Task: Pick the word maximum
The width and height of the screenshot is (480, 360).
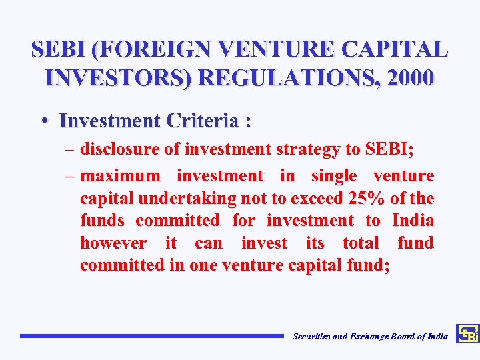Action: (120, 176)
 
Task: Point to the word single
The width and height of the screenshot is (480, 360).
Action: (334, 176)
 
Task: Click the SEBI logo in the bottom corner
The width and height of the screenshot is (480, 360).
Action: (467, 333)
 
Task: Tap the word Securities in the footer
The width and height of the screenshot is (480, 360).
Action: (311, 337)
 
